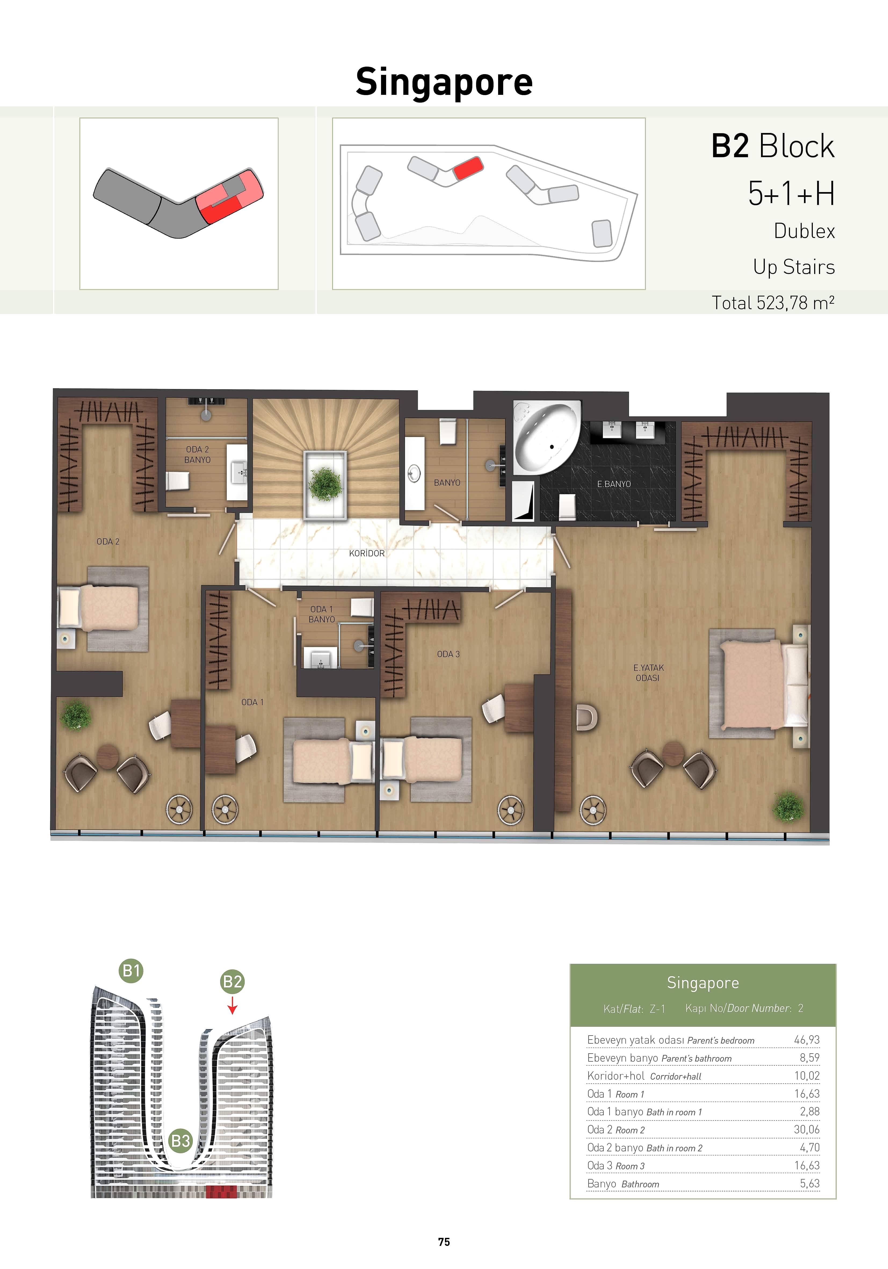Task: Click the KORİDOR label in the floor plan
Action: (366, 553)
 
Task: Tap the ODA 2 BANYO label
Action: (197, 454)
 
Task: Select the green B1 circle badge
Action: (132, 971)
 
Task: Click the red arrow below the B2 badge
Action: (233, 1005)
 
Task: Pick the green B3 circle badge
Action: (181, 1141)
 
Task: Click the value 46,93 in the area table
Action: (807, 1040)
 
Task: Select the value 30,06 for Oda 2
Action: (807, 1129)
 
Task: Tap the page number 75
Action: (444, 1242)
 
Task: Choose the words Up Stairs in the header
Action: (794, 267)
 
